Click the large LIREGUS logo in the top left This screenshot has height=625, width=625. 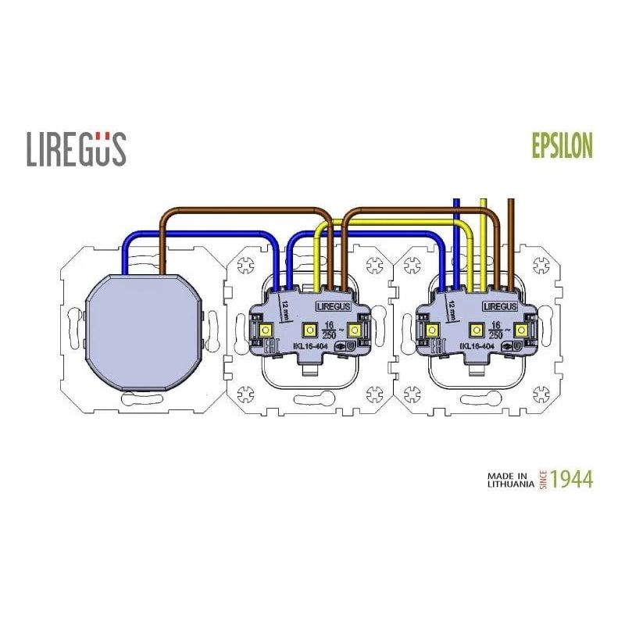click(x=76, y=148)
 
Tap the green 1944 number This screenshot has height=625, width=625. click(x=572, y=479)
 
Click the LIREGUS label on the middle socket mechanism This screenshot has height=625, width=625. click(x=333, y=308)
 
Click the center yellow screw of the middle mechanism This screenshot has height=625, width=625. click(x=309, y=330)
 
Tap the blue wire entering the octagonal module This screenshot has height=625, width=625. click(x=126, y=258)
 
